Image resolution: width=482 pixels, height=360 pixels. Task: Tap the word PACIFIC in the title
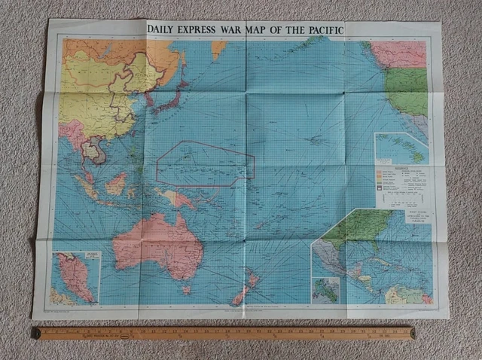pos(319,29)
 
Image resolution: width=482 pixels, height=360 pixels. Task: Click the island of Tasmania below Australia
pos(185,290)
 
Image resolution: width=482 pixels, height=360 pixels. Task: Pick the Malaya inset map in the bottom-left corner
pos(75,277)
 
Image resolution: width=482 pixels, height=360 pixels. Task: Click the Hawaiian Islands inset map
pos(401,148)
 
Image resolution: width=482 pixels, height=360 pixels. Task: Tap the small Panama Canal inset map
pos(326,290)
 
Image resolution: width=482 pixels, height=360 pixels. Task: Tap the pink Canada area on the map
pos(399,53)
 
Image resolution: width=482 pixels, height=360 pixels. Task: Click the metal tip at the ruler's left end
pos(35,332)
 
